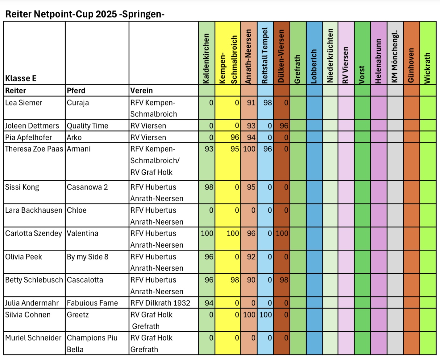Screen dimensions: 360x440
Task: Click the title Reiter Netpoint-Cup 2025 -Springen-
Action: (x=85, y=14)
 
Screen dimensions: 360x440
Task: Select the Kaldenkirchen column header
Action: (x=206, y=59)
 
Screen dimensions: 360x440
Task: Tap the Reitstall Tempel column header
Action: (x=265, y=55)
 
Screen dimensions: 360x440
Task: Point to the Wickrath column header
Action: (x=427, y=68)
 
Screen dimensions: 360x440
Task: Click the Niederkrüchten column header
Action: (x=330, y=56)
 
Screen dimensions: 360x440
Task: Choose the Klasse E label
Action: (x=21, y=78)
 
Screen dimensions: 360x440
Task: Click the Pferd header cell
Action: (x=76, y=91)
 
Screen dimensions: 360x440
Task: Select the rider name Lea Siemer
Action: (x=23, y=103)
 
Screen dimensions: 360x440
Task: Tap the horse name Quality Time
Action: (x=87, y=126)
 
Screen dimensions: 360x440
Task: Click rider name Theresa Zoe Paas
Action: (x=34, y=149)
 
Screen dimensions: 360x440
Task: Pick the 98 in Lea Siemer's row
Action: (x=268, y=103)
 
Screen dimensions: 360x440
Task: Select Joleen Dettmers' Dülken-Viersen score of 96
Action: (x=284, y=126)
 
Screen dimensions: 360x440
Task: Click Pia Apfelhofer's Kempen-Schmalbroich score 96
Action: (x=235, y=137)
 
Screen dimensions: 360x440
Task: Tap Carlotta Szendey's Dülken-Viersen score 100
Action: (x=282, y=233)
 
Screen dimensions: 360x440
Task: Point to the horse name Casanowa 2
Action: (x=87, y=187)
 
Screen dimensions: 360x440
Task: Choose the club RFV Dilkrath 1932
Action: (x=160, y=303)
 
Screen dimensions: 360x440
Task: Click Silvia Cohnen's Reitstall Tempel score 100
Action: (x=266, y=315)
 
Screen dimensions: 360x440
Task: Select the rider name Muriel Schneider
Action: (x=33, y=338)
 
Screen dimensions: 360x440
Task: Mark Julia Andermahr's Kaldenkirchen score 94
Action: (x=209, y=303)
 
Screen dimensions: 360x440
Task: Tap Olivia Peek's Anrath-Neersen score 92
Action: (x=251, y=257)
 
